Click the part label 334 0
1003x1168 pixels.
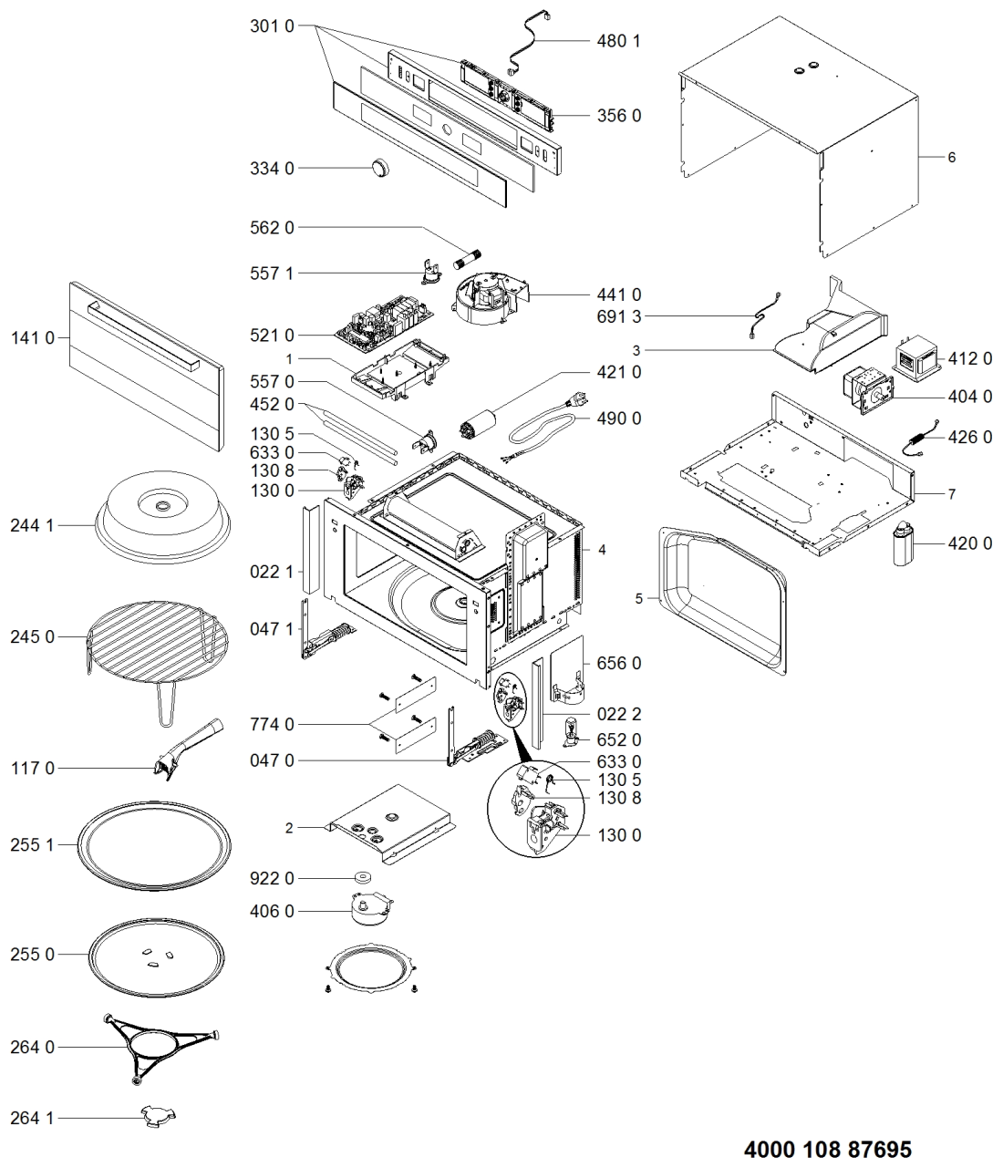pyautogui.click(x=272, y=169)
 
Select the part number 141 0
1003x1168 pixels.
pyautogui.click(x=32, y=338)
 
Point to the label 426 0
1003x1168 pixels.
pyautogui.click(x=969, y=437)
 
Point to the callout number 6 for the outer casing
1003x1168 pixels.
pyautogui.click(x=952, y=157)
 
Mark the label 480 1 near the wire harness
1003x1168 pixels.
pyautogui.click(x=619, y=41)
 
